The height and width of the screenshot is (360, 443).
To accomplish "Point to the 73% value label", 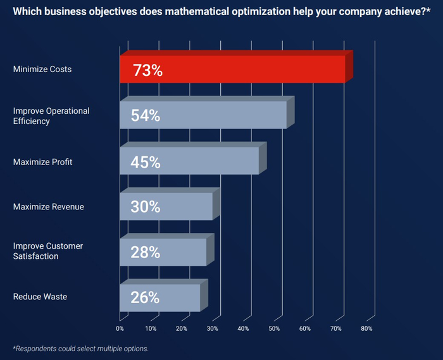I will (147, 70).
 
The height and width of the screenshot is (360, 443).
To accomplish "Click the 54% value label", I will (145, 116).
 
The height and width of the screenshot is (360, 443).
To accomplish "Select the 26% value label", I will (145, 297).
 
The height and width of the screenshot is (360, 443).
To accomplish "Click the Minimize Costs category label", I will (42, 69).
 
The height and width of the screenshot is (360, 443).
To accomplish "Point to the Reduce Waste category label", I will (40, 296).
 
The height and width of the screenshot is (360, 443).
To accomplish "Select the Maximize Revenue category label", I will (49, 206).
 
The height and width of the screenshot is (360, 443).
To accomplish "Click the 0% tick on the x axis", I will (120, 328).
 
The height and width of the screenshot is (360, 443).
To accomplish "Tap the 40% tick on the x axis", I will (243, 328).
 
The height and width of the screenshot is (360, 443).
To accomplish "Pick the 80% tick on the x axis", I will (366, 328).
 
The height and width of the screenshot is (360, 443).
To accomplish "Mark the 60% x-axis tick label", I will (305, 328).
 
